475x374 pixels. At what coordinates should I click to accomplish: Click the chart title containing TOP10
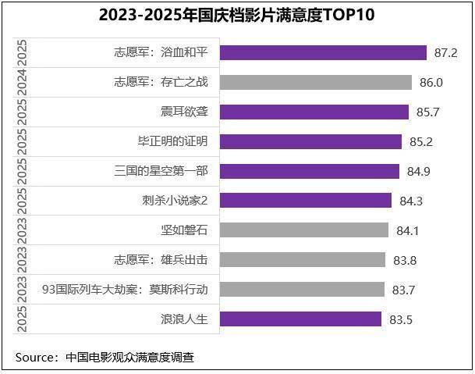pos(237,15)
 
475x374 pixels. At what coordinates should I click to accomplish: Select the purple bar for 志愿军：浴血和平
pos(323,52)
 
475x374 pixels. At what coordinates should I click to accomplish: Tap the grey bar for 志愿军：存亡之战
pos(315,82)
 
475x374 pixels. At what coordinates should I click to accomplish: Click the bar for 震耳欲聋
pos(314,112)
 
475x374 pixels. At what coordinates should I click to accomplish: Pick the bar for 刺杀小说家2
pos(306,201)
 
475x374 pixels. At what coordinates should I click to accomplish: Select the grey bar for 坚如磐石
pos(304,230)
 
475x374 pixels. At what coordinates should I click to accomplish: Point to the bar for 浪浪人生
pos(300,319)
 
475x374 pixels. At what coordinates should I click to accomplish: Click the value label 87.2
pos(445,53)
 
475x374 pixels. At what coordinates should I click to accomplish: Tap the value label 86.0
pos(431,83)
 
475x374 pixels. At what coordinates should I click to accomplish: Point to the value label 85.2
pos(420,142)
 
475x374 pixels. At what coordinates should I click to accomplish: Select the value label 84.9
pos(418,172)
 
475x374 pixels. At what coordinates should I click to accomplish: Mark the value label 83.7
pos(403,290)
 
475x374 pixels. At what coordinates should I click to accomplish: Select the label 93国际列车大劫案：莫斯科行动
pos(125,290)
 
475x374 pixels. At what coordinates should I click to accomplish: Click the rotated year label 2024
pos(22,82)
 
